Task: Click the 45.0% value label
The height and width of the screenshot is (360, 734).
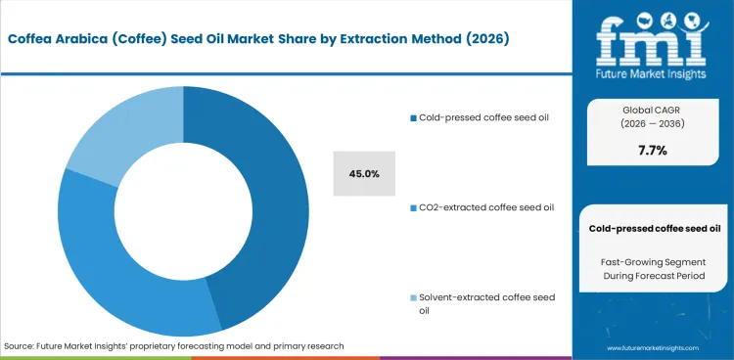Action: pos(364,173)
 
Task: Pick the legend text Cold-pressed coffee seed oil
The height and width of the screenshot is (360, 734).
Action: pos(484,117)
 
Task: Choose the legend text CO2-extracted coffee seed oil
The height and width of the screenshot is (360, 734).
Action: pos(484,207)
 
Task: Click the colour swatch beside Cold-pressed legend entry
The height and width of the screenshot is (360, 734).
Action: pos(413,118)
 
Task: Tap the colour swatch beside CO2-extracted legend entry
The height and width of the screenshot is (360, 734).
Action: pos(413,207)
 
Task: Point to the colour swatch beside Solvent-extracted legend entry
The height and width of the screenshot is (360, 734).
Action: pos(413,297)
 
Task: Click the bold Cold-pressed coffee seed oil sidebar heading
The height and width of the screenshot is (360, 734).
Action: pos(652,228)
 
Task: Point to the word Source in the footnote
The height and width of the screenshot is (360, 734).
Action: pos(22,346)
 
